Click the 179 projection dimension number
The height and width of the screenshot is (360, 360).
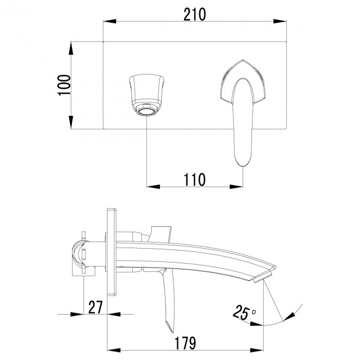point(183,343)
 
